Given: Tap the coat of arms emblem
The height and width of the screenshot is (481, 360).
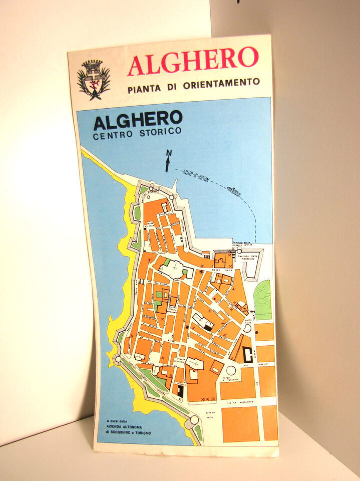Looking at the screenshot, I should coord(93,80).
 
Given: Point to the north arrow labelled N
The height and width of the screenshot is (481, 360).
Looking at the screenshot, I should coord(168,161).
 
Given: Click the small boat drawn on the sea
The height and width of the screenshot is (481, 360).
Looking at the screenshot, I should coord(233,191).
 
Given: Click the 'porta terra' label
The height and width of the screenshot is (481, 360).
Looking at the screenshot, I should coord(247,322).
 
